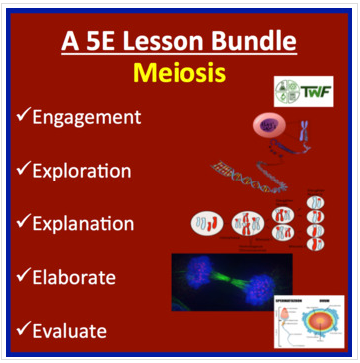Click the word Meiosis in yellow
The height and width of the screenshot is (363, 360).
click(x=180, y=74)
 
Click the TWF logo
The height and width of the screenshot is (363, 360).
click(x=302, y=92)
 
